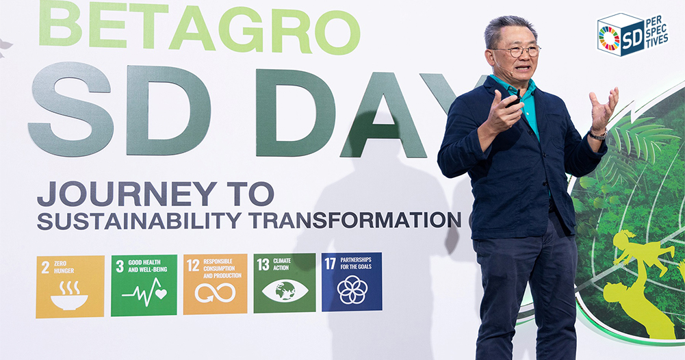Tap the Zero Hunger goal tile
point(70,287)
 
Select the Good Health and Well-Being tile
point(144,285)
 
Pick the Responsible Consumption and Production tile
point(215,284)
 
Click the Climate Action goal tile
point(285,283)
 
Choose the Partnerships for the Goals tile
point(352,282)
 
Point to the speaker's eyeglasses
point(517,51)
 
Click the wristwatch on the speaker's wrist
point(597,134)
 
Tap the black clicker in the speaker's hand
point(514,100)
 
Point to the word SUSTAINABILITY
point(139,220)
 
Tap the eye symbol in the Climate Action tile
point(285,291)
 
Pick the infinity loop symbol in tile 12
point(215,293)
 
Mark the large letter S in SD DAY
point(70,109)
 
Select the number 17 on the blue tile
point(331,263)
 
